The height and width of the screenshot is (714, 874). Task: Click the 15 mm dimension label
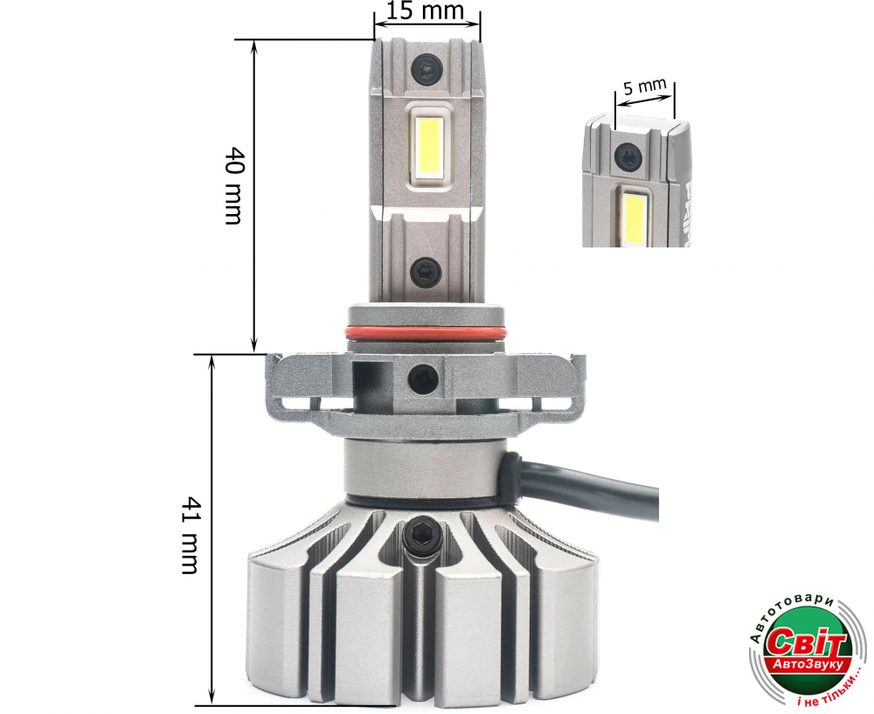pyautogui.click(x=425, y=10)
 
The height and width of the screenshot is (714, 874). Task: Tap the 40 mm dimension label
pyautogui.click(x=233, y=185)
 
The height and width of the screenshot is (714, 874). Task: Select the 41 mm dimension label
pyautogui.click(x=190, y=535)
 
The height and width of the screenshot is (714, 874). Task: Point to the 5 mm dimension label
pyautogui.click(x=644, y=87)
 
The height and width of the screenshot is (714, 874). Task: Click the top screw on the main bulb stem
pyautogui.click(x=426, y=69)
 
